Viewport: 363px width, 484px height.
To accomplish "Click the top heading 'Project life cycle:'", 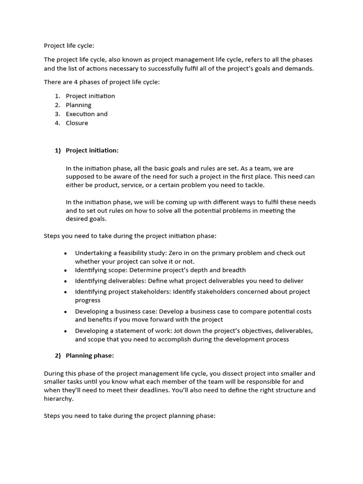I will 69,46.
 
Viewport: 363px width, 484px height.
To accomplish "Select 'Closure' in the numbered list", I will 77,123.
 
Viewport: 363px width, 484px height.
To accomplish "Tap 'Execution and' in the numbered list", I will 86,114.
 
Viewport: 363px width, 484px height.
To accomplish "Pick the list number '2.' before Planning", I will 57,105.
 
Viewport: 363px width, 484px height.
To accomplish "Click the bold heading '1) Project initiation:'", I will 87,150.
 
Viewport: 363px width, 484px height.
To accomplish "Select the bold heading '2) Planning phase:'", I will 85,355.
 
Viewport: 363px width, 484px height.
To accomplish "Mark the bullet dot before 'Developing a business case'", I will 65,312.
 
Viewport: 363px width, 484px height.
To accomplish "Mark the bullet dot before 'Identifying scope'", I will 65,271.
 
